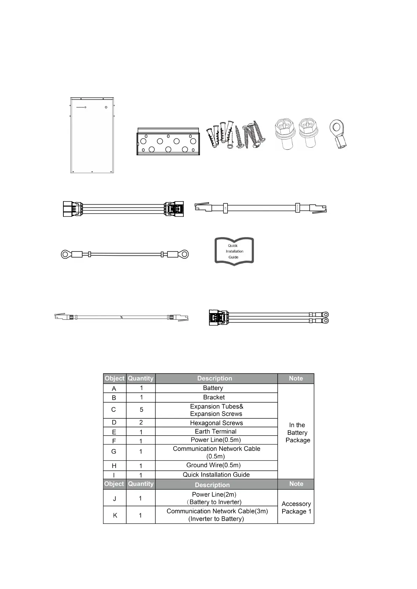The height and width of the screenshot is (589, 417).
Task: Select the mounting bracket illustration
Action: (168, 141)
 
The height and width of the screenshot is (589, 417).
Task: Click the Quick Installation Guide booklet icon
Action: (234, 251)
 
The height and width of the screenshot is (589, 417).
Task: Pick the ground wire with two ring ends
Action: (125, 254)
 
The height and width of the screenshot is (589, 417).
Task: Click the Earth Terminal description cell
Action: (216, 431)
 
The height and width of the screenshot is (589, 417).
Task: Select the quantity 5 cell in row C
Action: (141, 410)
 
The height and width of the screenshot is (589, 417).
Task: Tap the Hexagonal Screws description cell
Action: (216, 423)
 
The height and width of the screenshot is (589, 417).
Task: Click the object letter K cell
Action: (115, 515)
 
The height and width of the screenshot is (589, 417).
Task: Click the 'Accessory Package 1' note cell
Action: (296, 507)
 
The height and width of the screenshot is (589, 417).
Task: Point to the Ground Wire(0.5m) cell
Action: (216, 465)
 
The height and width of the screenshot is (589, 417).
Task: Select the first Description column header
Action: (215, 378)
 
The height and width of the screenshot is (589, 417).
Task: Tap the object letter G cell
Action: (114, 452)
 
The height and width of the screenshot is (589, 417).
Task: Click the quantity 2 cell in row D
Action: (141, 423)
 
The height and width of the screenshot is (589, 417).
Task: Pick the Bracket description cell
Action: (216, 397)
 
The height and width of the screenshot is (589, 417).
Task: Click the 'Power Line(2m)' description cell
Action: (216, 498)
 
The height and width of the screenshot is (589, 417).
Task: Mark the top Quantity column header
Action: (141, 378)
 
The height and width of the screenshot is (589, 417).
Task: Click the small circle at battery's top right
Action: (106, 108)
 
